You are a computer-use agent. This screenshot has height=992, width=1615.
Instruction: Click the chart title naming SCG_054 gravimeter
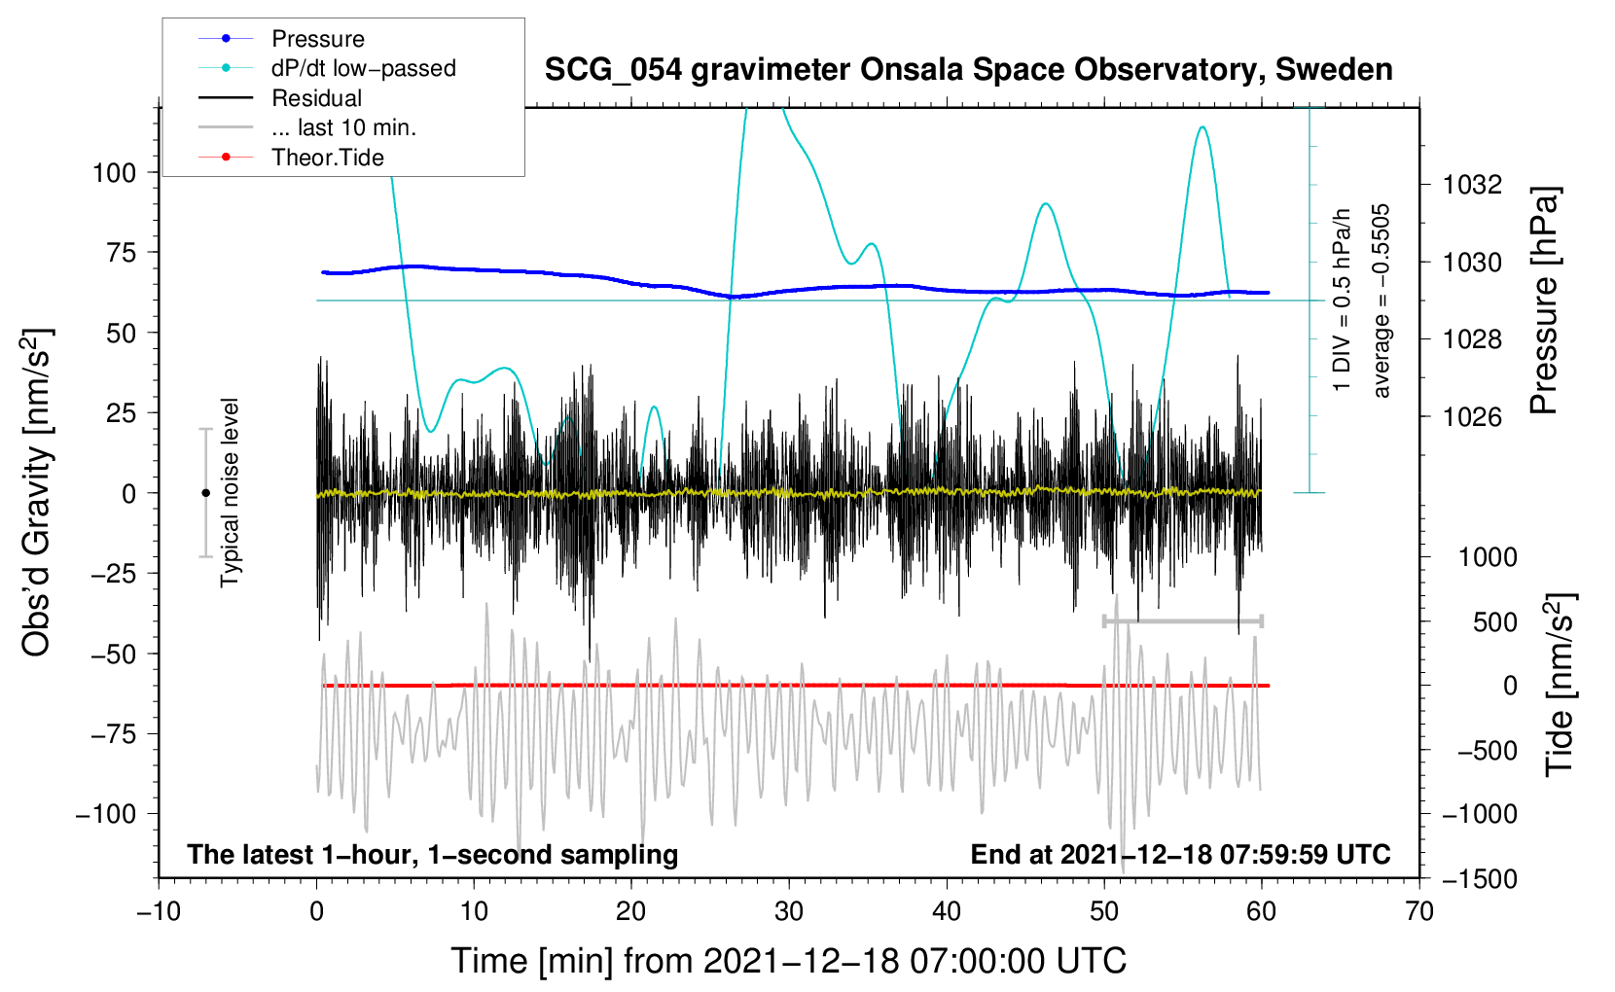point(968,70)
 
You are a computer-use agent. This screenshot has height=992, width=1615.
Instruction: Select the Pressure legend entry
point(282,38)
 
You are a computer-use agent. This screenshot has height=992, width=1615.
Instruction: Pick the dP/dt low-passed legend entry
point(327,68)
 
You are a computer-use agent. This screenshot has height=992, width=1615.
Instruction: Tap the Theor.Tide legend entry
point(291,158)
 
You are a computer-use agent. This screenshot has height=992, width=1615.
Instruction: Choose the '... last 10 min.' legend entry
point(307,127)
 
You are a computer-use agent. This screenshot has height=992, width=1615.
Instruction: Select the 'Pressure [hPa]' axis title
point(1544,301)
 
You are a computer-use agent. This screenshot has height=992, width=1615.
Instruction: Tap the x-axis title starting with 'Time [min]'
point(789,962)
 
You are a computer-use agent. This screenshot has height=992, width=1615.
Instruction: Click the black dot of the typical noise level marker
point(205,493)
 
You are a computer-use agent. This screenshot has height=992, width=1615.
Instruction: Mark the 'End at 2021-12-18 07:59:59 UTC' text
point(1180,854)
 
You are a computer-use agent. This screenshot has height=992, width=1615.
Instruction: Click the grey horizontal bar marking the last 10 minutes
point(1182,620)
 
